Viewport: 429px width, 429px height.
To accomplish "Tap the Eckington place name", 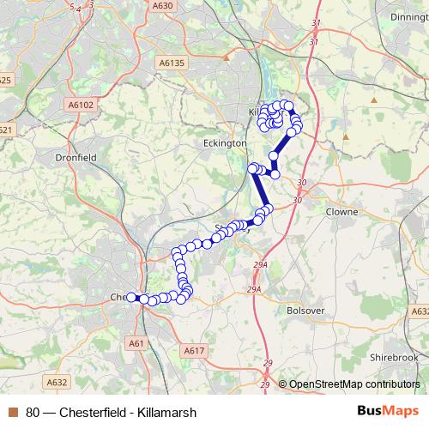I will pyautogui.click(x=224, y=143).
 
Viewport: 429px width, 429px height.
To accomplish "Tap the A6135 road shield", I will pyautogui.click(x=172, y=62).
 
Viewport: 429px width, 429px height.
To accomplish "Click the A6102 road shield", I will pyautogui.click(x=79, y=104).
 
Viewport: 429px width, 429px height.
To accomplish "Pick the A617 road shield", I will pyautogui.click(x=194, y=350).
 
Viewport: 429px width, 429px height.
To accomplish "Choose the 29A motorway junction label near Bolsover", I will pyautogui.click(x=254, y=290).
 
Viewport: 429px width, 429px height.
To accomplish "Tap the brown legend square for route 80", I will pyautogui.click(x=12, y=411).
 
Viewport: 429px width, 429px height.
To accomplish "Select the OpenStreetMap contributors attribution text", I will pyautogui.click(x=353, y=384).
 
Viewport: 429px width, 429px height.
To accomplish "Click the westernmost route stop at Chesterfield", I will pyautogui.click(x=131, y=297).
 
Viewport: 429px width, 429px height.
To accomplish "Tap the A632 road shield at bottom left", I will pyautogui.click(x=57, y=382).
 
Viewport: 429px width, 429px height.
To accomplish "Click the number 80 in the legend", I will pyautogui.click(x=33, y=411).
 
